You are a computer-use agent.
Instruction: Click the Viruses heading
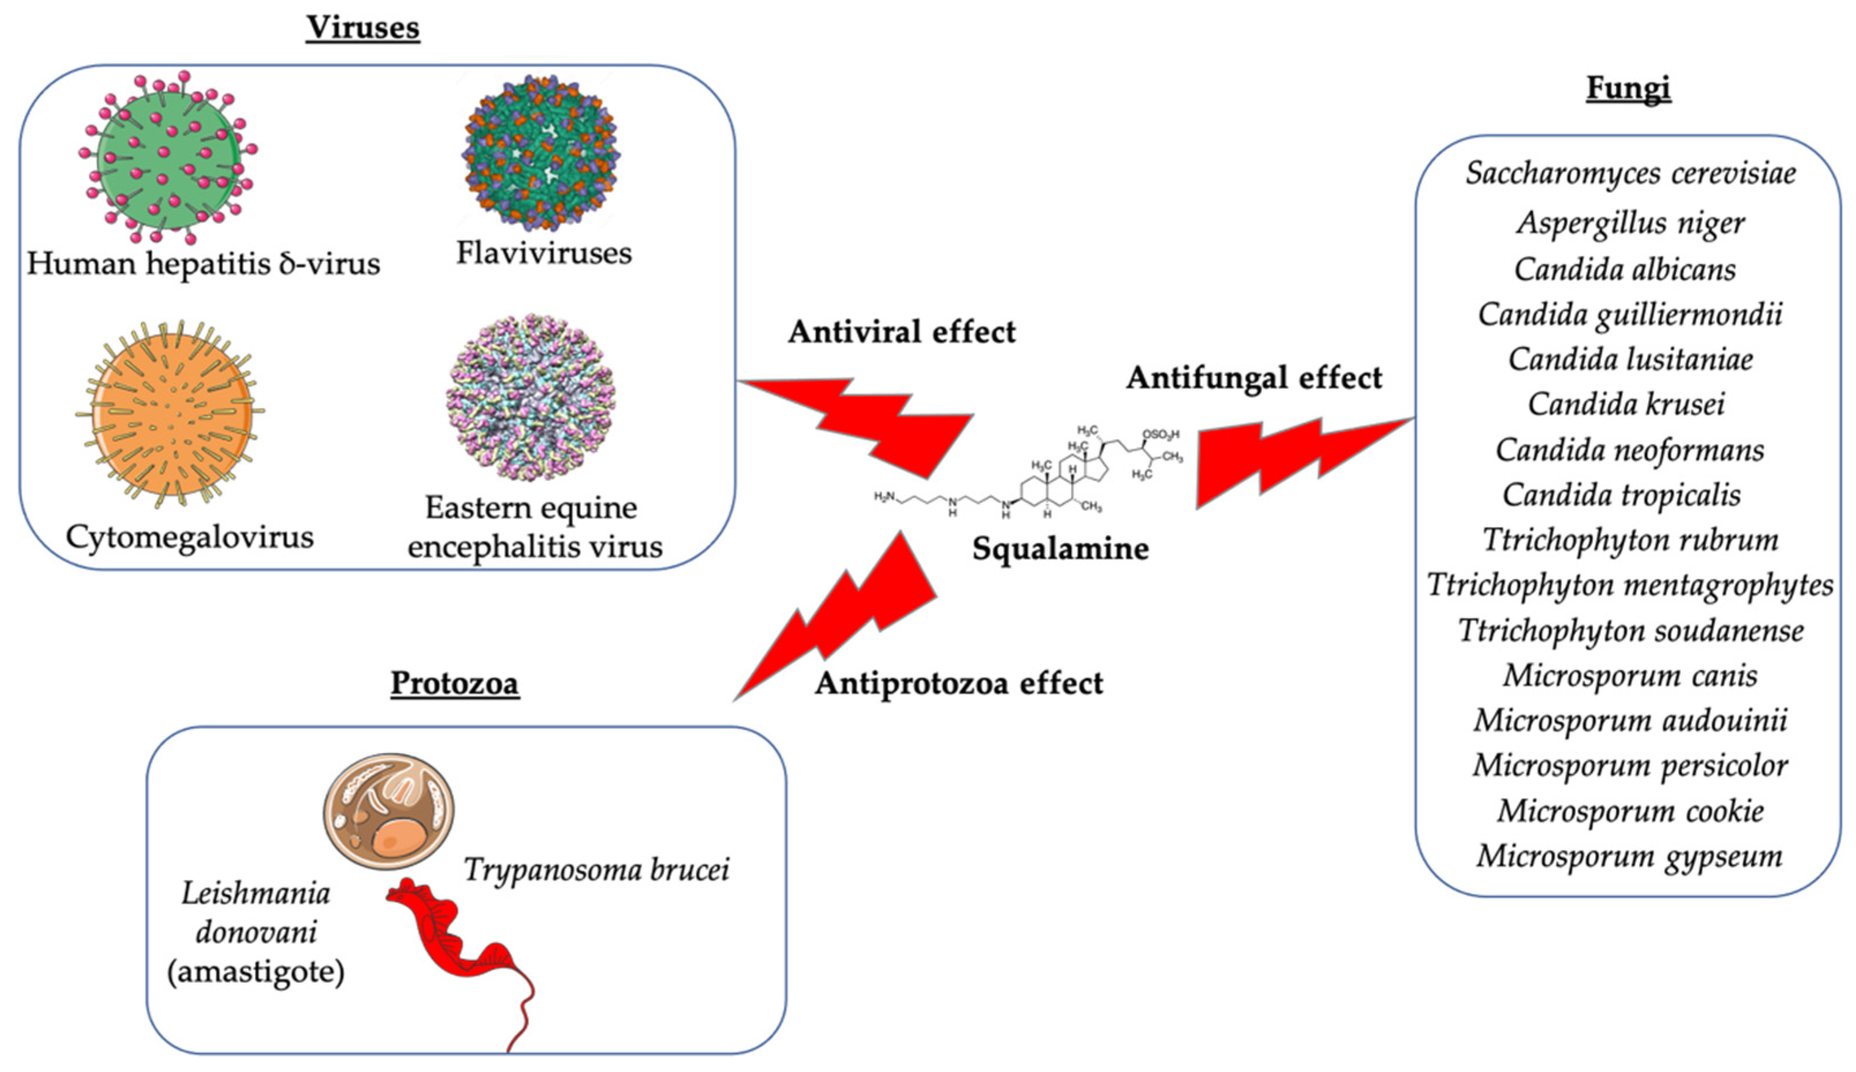point(363,28)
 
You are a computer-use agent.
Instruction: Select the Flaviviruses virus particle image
point(541,153)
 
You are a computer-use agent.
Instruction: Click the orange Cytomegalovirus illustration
point(171,415)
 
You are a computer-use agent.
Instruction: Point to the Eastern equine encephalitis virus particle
point(530,397)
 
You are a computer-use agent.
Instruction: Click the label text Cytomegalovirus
point(189,537)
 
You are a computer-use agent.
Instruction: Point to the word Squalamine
point(1060,549)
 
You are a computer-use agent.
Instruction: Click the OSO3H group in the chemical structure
point(1161,434)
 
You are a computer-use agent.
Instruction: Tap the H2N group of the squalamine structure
point(884,497)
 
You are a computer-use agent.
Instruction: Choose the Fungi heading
point(1628,88)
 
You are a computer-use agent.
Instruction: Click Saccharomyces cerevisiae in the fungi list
point(1630,174)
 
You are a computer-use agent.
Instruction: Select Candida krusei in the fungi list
point(1626,404)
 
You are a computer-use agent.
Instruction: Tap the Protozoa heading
point(455,683)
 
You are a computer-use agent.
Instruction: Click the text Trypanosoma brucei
point(597,870)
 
